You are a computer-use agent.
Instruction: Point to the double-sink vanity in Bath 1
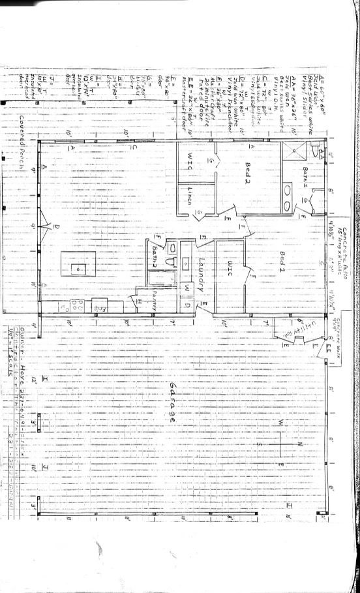288,190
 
